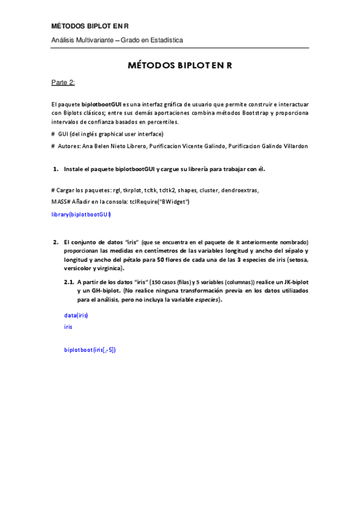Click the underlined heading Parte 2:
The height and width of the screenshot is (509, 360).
point(63,83)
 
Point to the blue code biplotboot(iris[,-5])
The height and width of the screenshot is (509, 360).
point(90,349)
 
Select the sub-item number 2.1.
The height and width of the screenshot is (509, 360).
point(69,282)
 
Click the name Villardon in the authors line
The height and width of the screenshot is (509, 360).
point(292,146)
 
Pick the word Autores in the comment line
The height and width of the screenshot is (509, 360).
point(70,146)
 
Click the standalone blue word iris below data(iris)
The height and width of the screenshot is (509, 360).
point(68,327)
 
